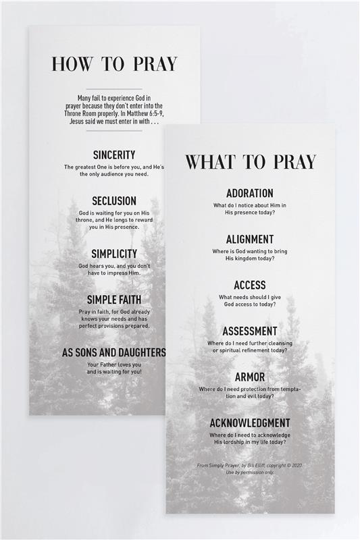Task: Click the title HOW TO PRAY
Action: pos(114,64)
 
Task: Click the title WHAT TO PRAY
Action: pos(251,162)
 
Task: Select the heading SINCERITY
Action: pos(114,155)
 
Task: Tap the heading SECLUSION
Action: pos(114,200)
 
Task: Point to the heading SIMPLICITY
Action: pos(114,254)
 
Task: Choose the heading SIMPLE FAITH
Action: pos(114,300)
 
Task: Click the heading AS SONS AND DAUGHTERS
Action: pos(114,352)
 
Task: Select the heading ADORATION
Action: pos(250,193)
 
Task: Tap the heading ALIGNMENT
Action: pos(250,239)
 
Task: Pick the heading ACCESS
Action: pos(250,285)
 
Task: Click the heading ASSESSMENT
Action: pos(250,331)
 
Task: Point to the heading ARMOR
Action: pos(250,377)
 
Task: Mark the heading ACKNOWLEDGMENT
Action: pos(250,423)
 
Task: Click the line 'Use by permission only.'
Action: pos(250,472)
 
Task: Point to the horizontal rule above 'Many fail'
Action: pos(114,89)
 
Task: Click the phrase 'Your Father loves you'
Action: pos(114,364)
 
